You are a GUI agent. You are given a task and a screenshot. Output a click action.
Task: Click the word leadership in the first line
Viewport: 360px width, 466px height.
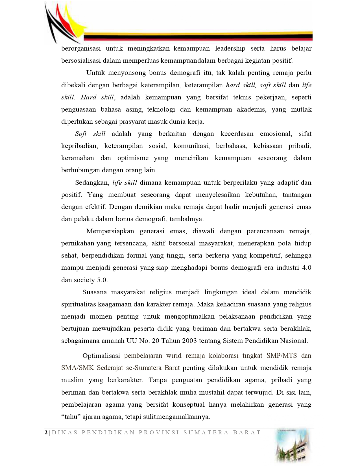tap(230, 49)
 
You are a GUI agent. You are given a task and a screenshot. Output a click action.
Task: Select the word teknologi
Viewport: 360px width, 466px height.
tap(161, 110)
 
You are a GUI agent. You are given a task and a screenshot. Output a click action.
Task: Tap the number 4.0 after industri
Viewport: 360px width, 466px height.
tap(306, 268)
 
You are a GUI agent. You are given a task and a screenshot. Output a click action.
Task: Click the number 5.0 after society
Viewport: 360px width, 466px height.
tap(102, 280)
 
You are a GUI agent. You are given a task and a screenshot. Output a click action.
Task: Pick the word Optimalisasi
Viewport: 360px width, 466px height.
tap(101, 356)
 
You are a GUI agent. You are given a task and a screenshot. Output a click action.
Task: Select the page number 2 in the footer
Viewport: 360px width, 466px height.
tap(46, 433)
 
